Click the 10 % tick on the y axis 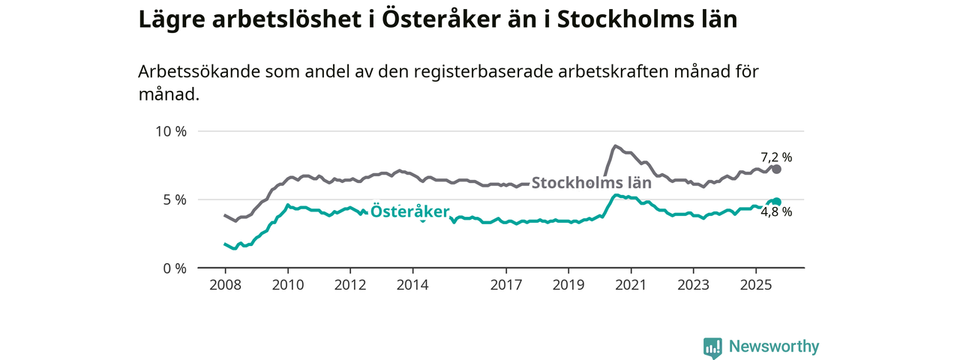(170, 131)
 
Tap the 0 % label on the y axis (174, 268)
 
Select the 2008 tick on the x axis (225, 285)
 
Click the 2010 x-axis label (287, 285)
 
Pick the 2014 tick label (412, 285)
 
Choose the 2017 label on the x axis (506, 285)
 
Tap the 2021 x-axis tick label (631, 285)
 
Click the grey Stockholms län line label (591, 181)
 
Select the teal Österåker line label (409, 211)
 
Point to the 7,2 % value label (776, 157)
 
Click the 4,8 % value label (776, 212)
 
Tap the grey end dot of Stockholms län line (777, 169)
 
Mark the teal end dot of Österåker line (777, 202)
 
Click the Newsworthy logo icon (712, 347)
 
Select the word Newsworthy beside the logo (774, 346)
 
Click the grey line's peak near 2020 (615, 146)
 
